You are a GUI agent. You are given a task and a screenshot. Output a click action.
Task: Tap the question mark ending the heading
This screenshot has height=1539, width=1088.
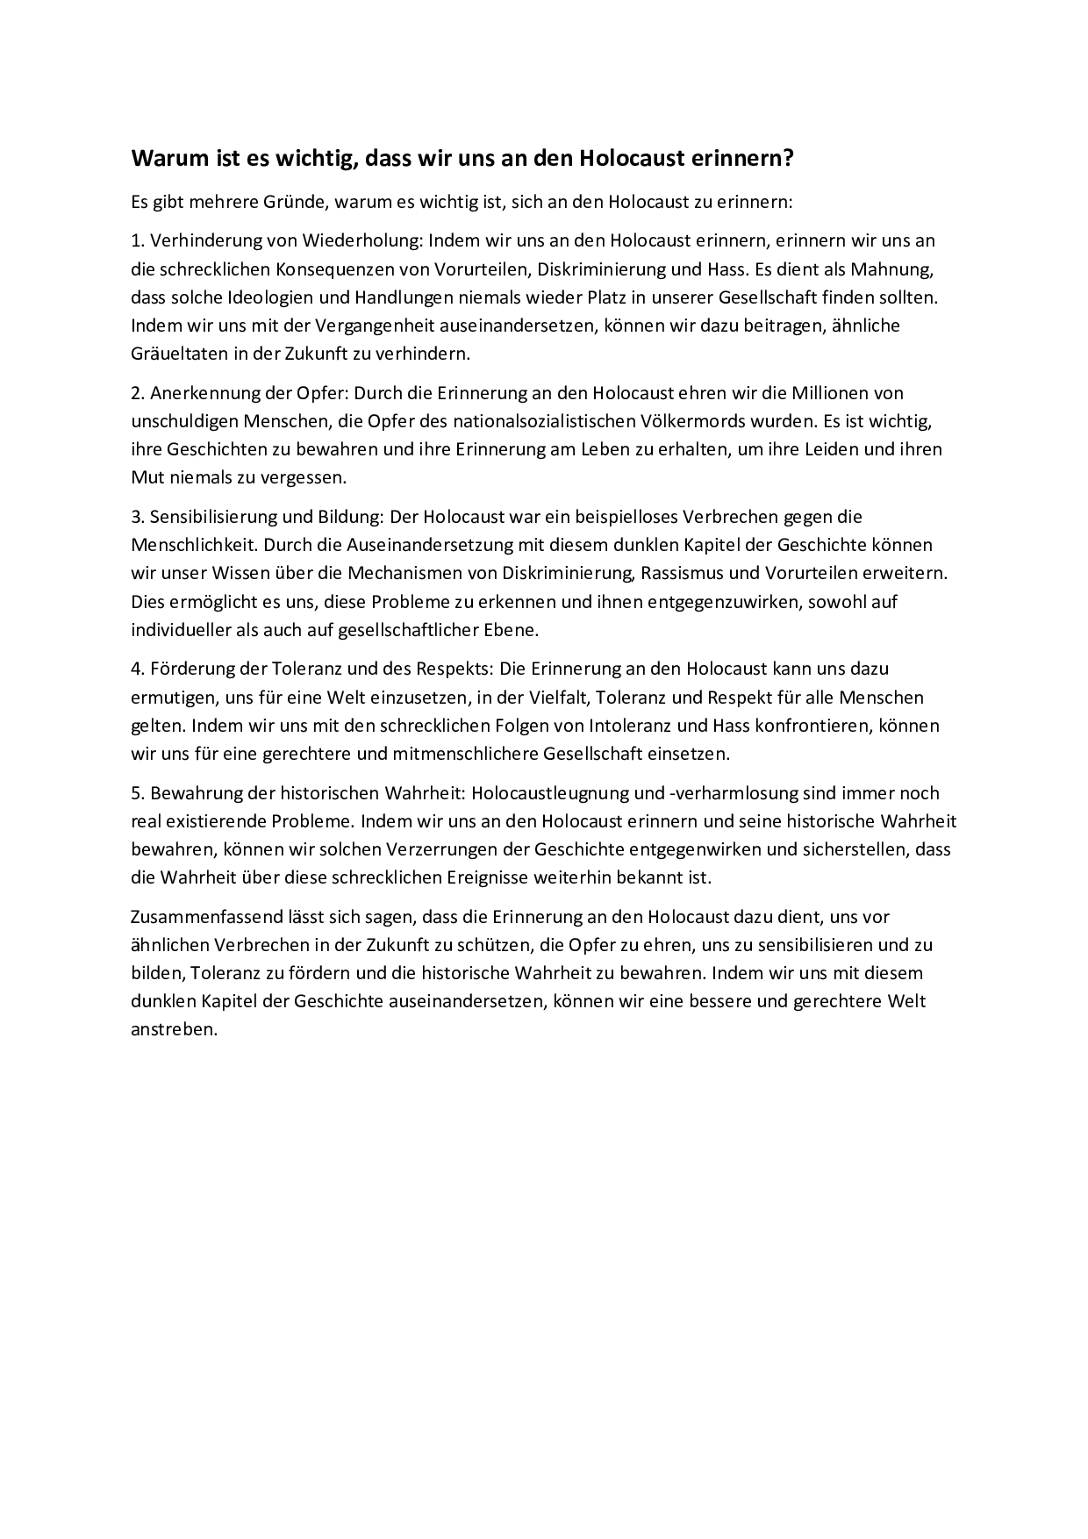point(789,159)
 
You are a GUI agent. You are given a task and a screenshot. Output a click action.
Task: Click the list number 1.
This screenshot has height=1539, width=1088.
point(137,240)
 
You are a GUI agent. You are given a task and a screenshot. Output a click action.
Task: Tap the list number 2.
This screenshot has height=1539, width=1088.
point(137,392)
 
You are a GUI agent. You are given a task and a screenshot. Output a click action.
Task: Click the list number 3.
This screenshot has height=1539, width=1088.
point(137,517)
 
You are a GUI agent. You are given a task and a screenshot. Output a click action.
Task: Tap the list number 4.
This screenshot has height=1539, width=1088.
point(137,669)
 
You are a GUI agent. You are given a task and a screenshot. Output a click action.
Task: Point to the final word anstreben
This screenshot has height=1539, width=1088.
point(174,1029)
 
